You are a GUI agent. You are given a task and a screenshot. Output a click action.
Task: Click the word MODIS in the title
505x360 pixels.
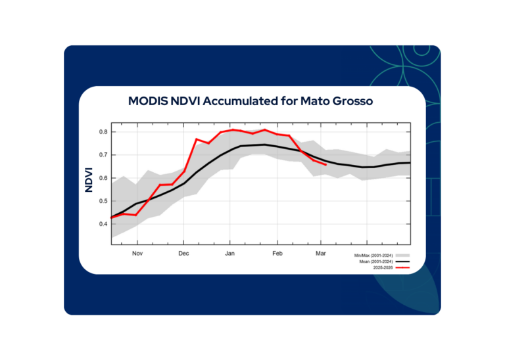point(149,102)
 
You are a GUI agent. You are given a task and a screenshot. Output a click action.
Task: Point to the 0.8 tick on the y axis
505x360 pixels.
point(103,132)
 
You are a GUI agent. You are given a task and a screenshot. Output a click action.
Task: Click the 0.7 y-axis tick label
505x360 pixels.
point(103,155)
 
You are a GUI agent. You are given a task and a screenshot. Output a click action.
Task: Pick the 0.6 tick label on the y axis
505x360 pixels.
point(103,178)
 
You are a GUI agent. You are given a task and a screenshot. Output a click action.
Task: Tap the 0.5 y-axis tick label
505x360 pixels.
point(103,201)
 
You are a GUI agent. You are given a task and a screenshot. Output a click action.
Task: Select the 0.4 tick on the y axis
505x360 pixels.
point(103,224)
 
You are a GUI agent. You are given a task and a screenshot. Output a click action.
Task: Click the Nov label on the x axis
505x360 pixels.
point(137,253)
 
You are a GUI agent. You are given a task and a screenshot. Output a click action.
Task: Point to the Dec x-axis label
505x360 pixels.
point(183,253)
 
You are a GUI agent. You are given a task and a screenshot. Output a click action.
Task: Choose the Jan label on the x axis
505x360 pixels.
point(230,253)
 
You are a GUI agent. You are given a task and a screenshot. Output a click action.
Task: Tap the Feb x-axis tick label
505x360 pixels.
point(277,253)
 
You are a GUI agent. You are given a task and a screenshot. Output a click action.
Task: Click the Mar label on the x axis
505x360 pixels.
point(321,253)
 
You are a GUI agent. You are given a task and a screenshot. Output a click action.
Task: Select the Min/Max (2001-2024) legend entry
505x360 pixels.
point(373,254)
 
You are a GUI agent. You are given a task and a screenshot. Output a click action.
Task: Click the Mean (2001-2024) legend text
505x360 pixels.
point(374,261)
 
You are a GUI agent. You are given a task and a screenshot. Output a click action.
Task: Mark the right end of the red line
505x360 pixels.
point(326,165)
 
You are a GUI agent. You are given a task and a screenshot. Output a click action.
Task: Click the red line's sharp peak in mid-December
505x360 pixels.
point(197,139)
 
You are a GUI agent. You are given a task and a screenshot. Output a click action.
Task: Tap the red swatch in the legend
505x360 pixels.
point(404,267)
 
